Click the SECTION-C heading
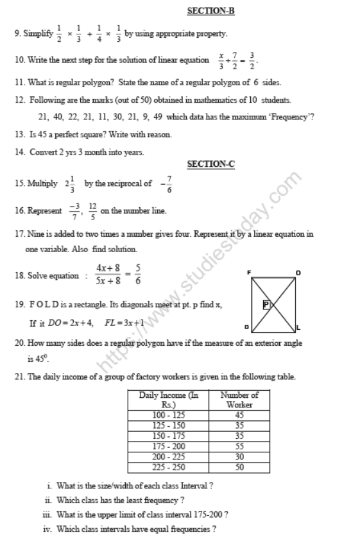click(x=211, y=165)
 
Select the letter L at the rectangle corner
click(x=298, y=328)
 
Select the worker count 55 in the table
click(x=239, y=445)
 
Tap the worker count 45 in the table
click(x=239, y=415)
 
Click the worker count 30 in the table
click(x=239, y=456)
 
